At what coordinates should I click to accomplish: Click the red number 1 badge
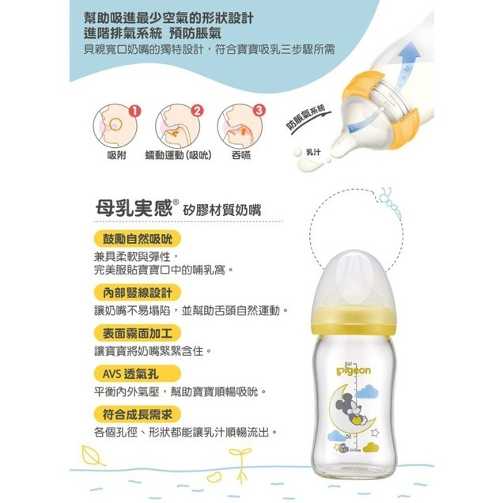point(134,111)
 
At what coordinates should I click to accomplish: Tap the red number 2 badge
point(197,111)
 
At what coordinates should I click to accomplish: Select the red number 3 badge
point(259,111)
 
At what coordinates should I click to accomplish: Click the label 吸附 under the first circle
point(116,155)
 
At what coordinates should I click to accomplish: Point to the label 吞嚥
point(241,155)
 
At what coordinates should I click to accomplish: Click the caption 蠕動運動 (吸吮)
point(179,155)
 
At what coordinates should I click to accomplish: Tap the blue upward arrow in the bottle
point(407,67)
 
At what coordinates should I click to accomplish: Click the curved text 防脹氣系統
point(306,118)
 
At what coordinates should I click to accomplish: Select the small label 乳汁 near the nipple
point(313,152)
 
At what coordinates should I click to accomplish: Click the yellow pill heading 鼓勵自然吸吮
point(138,239)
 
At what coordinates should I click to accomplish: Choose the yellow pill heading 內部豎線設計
point(138,293)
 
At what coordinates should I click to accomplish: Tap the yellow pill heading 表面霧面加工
point(138,333)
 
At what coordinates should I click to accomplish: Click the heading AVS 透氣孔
point(138,373)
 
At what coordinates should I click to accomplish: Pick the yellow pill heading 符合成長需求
point(138,414)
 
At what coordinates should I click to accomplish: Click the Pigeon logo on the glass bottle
point(354,371)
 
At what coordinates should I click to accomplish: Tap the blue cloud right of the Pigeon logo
point(367,391)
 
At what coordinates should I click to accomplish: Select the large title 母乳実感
point(134,208)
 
